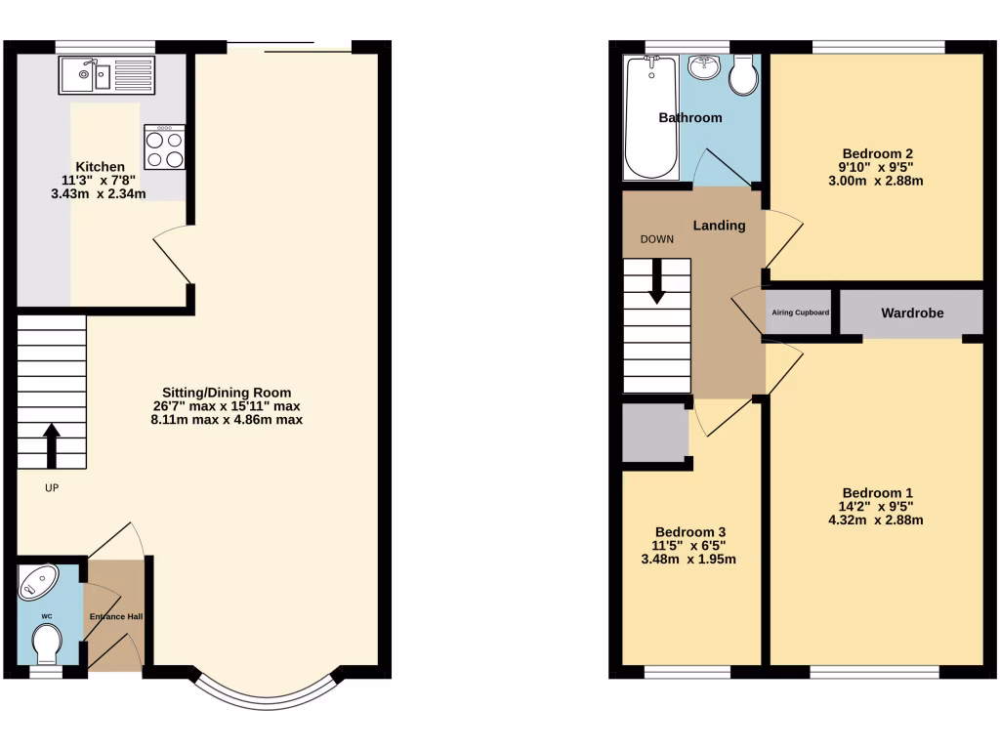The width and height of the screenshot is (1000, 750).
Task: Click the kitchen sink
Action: coord(105,74)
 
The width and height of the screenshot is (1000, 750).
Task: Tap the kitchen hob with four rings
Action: coord(164,148)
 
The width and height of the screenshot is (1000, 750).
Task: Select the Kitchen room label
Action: coord(101,167)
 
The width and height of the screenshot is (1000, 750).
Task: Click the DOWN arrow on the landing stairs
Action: coord(656,280)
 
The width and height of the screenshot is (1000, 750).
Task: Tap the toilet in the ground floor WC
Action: coord(46,644)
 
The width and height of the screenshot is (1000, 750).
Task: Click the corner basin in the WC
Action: coord(39,582)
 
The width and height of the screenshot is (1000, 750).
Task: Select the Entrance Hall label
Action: coord(116,617)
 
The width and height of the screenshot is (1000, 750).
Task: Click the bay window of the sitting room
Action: coord(268,693)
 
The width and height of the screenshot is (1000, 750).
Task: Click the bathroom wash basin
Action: coord(703,67)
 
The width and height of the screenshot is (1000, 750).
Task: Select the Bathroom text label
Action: coord(690,118)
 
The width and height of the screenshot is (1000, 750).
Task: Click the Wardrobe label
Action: coord(912,313)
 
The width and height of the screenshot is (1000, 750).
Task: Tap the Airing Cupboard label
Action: coord(800,312)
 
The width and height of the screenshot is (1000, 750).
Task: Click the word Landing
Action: coord(719,226)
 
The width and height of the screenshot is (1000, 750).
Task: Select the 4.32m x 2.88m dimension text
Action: coord(875,521)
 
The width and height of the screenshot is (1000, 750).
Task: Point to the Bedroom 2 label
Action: coord(877,153)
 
